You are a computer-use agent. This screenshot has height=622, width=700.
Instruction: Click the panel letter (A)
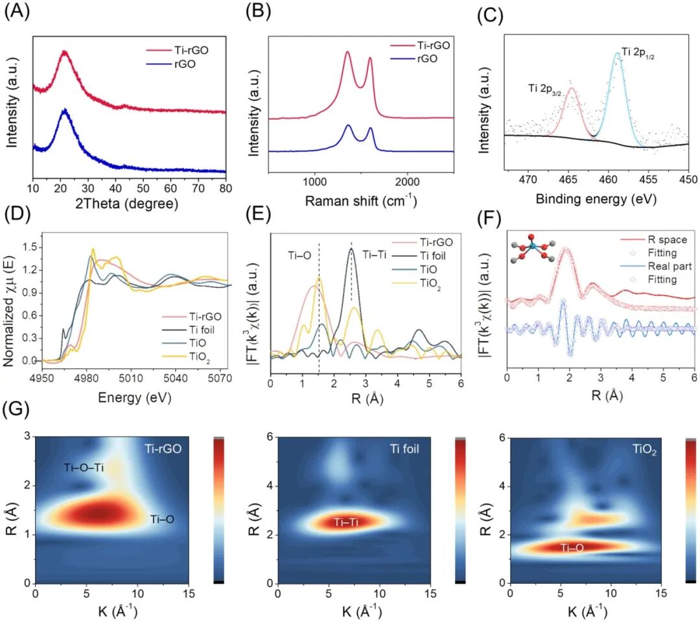[x=16, y=11]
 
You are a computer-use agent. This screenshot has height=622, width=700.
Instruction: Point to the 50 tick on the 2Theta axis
[x=143, y=188]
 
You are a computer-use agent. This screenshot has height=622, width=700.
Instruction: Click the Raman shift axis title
[x=361, y=200]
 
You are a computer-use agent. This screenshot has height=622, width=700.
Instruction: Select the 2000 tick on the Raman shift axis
[x=407, y=182]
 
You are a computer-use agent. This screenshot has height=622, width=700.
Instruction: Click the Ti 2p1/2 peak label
[x=638, y=53]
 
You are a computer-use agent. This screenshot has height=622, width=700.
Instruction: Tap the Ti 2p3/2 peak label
[x=544, y=89]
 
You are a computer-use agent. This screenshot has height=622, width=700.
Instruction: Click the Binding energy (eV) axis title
[x=596, y=199]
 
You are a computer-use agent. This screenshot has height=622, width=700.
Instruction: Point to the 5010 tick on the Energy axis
[x=131, y=378]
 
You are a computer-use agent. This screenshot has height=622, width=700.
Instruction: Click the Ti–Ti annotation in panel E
[x=374, y=255]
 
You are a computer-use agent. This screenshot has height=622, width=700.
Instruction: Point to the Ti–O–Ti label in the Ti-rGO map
[x=84, y=468]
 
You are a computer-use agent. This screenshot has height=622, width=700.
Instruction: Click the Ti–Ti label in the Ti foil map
[x=346, y=521]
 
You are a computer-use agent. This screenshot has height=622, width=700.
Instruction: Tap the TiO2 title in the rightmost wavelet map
[x=645, y=450]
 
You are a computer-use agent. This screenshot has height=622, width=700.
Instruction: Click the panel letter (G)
[x=16, y=409]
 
